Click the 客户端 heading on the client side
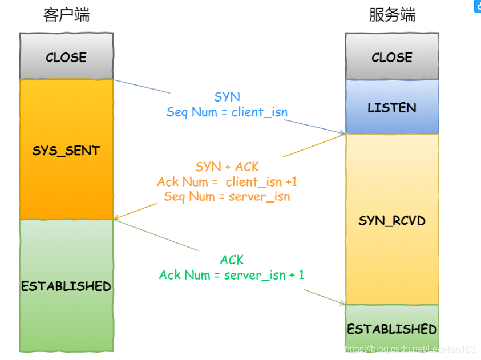pyautogui.click(x=66, y=15)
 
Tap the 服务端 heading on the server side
pyautogui.click(x=392, y=15)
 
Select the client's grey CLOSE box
pyautogui.click(x=66, y=57)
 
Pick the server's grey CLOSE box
pyautogui.click(x=392, y=57)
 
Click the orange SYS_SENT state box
pyautogui.click(x=66, y=151)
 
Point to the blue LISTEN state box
pyautogui.click(x=392, y=107)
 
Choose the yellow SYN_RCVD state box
pyautogui.click(x=392, y=220)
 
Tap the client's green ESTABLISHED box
pyautogui.click(x=66, y=286)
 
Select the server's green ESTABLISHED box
pyautogui.click(x=392, y=329)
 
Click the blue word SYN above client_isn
pyautogui.click(x=227, y=97)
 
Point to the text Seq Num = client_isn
pyautogui.click(x=227, y=112)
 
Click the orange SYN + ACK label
pyautogui.click(x=227, y=167)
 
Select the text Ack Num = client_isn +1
pyautogui.click(x=227, y=182)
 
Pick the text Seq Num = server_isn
pyautogui.click(x=227, y=197)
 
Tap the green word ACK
pyautogui.click(x=232, y=260)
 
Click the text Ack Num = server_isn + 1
pyautogui.click(x=232, y=275)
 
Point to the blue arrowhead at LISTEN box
pyautogui.click(x=343, y=134)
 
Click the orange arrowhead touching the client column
pyautogui.click(x=116, y=218)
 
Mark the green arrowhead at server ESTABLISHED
pyautogui.click(x=342, y=304)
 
